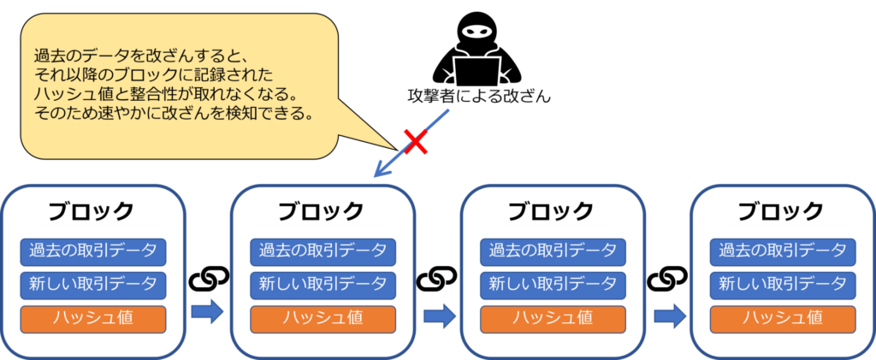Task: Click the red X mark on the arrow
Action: tap(416, 142)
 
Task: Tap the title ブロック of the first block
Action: tap(92, 211)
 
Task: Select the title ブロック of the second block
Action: tap(322, 211)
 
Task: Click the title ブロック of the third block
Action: tap(552, 211)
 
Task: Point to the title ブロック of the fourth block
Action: tap(782, 211)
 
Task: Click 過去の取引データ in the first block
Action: tap(92, 251)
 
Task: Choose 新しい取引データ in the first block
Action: tap(92, 284)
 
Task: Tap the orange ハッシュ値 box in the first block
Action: tap(92, 318)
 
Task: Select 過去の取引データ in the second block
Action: tap(323, 251)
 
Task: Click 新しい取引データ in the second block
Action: tap(323, 284)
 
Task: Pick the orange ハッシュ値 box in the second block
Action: tap(323, 318)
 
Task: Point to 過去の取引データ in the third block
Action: tap(553, 251)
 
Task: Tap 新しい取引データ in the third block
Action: tap(553, 284)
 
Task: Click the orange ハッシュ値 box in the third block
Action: tap(553, 318)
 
